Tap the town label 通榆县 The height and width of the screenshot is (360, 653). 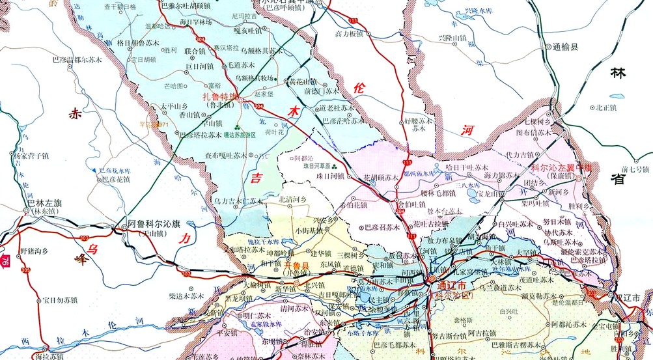pyautogui.click(x=564, y=47)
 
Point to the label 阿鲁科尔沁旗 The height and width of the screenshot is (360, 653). pyautogui.click(x=154, y=223)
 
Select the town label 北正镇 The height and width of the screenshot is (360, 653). pyautogui.click(x=600, y=107)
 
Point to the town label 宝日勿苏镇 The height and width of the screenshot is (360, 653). pyautogui.click(x=60, y=300)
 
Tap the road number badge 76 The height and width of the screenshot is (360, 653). pyautogui.click(x=5, y=261)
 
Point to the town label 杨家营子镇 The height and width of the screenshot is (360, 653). pyautogui.click(x=31, y=156)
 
